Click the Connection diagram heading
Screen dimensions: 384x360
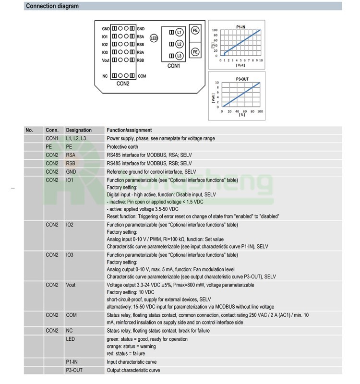52,6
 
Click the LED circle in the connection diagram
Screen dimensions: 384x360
154,37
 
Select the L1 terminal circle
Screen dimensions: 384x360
179,32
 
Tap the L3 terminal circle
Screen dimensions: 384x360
179,56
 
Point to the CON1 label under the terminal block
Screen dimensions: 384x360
173,65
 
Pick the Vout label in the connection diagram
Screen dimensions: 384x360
106,60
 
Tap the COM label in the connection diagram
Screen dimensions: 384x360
142,76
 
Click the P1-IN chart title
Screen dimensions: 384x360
241,25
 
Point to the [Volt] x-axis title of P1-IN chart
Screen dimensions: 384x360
240,65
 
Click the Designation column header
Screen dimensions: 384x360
79,130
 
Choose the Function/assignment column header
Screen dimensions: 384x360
129,130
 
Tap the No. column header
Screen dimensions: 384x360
29,130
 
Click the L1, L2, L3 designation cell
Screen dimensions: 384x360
76,138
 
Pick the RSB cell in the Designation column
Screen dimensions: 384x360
71,163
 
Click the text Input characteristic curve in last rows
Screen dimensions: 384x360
132,362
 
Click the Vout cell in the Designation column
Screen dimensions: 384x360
71,285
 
